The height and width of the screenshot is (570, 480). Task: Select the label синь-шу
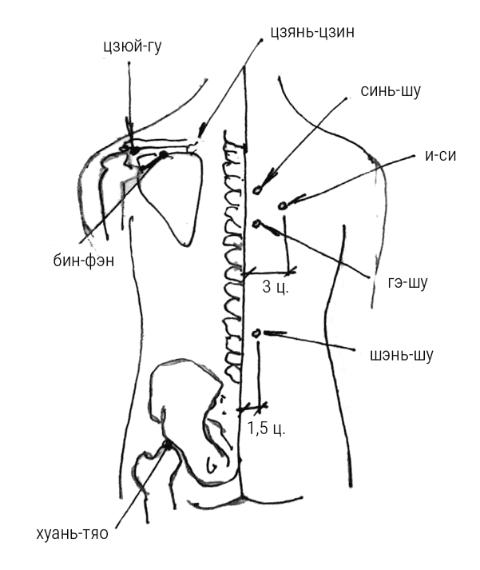[391, 91]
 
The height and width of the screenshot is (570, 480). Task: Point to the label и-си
[439, 156]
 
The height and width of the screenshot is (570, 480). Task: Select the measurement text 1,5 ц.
[266, 428]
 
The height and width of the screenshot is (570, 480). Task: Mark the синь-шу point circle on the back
[257, 190]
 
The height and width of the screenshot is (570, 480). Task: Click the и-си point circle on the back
[282, 205]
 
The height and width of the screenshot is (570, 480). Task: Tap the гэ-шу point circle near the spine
[256, 224]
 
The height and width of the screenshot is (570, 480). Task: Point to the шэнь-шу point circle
[256, 333]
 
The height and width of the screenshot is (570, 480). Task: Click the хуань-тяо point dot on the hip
[167, 444]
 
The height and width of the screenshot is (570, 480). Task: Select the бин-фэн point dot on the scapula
[164, 154]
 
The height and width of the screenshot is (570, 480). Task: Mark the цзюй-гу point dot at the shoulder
[134, 149]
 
